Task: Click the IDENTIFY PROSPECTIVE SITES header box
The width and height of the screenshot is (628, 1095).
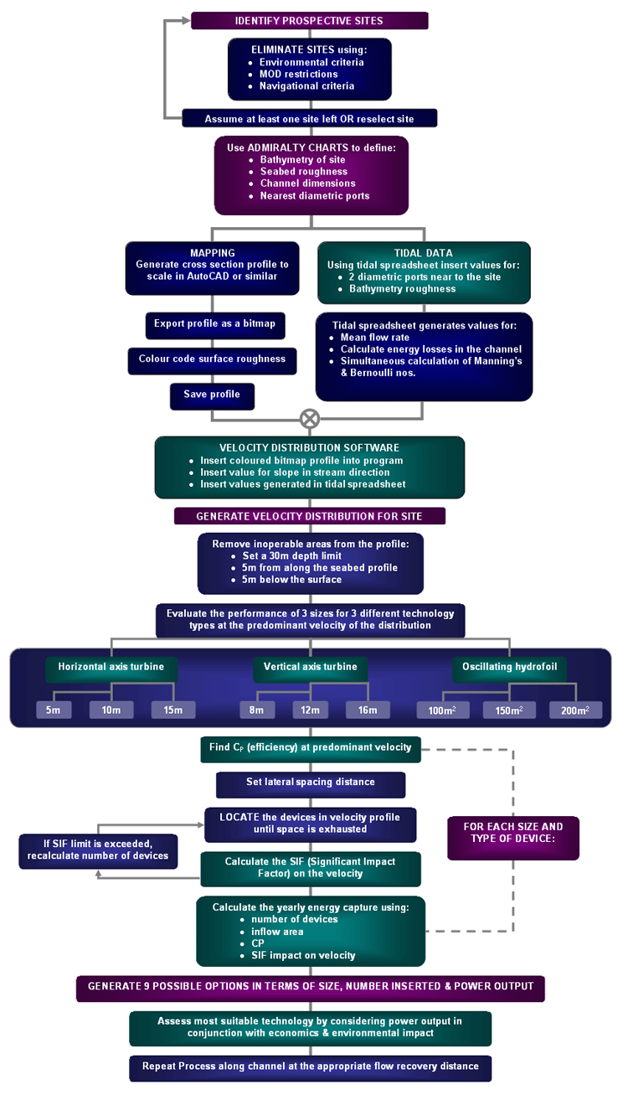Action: pos(310,20)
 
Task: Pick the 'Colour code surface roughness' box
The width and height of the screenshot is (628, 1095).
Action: pos(212,359)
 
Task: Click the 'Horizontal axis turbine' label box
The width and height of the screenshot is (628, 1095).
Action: pos(106,668)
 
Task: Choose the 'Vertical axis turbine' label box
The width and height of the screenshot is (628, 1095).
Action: pos(310,668)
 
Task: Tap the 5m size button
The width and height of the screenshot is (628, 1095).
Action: pos(53,710)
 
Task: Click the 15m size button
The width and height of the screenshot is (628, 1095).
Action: pos(173,710)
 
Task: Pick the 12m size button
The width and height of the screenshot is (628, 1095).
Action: pos(311,710)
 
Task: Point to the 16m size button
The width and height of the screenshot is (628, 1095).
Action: pos(368,710)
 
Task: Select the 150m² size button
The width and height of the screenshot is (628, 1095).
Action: pos(510,710)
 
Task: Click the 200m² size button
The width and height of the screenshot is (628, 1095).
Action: pos(576,710)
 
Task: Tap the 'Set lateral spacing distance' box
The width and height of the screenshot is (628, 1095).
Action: pos(311,783)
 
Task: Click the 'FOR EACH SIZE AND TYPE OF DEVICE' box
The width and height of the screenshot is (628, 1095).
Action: pos(512,833)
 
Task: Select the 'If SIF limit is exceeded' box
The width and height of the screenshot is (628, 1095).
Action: pos(98,850)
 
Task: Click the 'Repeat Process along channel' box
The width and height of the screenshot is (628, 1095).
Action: pos(310,1067)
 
